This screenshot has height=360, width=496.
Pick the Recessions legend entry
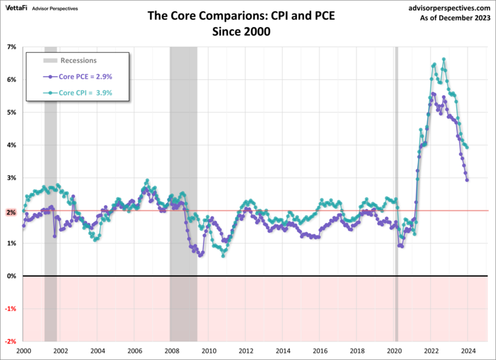78,61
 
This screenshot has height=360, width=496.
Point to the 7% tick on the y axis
11,47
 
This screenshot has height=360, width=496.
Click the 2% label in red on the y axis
11,211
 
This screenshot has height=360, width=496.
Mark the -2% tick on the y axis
11,341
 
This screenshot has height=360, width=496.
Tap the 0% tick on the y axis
11,276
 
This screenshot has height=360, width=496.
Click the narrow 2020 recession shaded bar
396,165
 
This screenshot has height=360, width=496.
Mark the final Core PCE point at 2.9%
468,180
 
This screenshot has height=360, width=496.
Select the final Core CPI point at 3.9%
468,147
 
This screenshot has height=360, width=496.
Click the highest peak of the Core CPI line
443,59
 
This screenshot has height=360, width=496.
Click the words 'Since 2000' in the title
248,30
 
